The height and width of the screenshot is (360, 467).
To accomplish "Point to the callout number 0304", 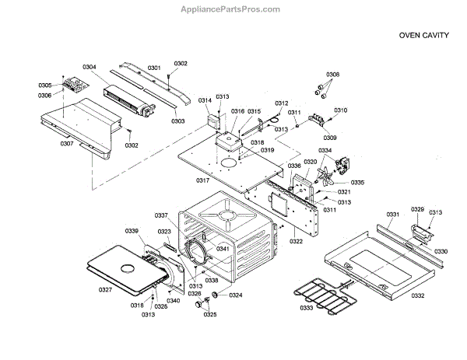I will (x=90, y=68).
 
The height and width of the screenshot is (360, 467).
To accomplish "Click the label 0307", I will (x=67, y=144).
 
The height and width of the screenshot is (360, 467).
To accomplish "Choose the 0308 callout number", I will (x=332, y=75).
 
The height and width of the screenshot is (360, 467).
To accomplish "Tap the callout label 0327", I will (x=105, y=290).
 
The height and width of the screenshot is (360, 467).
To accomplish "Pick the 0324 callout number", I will (x=236, y=295).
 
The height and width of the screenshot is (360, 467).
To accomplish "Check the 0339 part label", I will (x=132, y=231).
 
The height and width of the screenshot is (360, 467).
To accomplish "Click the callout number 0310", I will (x=340, y=110).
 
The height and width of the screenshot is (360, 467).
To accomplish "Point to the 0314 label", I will (x=205, y=101).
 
